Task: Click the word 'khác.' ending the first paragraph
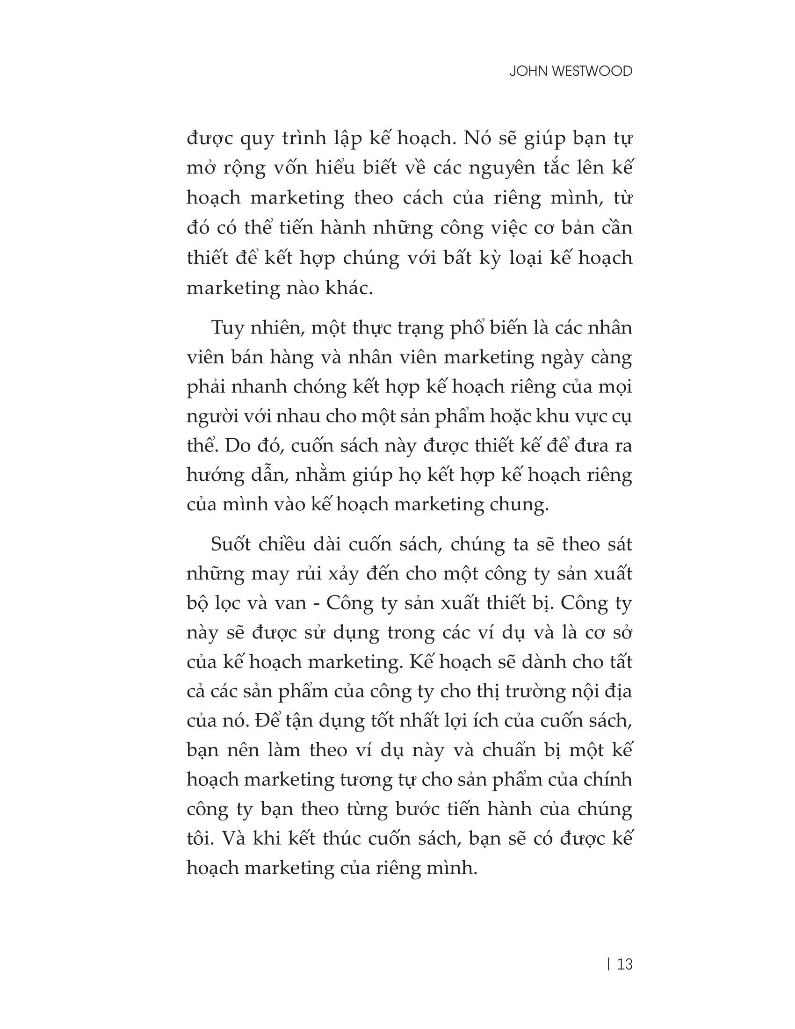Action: [x=347, y=288]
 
